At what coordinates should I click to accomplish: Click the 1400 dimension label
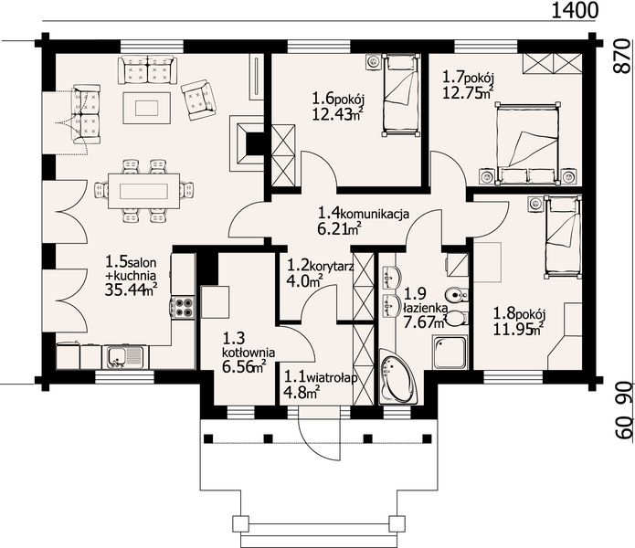[x=575, y=11]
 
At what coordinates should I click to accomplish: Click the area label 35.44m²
[x=131, y=290]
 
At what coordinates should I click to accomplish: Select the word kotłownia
[x=249, y=353]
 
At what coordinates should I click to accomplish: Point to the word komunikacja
[x=376, y=213]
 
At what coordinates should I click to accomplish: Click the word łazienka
[x=425, y=309]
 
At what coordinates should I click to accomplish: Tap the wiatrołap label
[x=332, y=378]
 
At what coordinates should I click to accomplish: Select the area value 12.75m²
[x=468, y=93]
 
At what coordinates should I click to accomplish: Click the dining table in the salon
[x=143, y=190]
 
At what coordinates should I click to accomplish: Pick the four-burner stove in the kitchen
[x=183, y=307]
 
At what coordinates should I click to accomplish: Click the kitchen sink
[x=125, y=357]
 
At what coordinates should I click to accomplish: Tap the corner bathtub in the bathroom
[x=397, y=376]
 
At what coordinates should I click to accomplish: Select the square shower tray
[x=450, y=353]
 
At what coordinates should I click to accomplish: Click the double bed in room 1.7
[x=528, y=143]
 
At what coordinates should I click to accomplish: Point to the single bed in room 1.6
[x=400, y=95]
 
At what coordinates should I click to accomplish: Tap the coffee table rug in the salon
[x=146, y=108]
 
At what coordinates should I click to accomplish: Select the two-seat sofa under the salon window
[x=147, y=70]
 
